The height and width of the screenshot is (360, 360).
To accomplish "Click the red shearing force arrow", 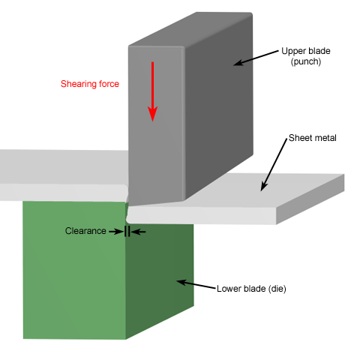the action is point(152,91).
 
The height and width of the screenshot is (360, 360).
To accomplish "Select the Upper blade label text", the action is point(306,51).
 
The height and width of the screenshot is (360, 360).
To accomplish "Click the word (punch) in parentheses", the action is point(306,61).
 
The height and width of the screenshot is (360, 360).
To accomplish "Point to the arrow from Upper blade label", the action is point(256,58).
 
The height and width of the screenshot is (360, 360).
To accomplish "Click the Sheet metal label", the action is point(313,138).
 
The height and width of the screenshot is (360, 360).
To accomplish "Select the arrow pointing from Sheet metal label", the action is point(274,165).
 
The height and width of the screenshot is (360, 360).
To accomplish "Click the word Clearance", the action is point(85,231).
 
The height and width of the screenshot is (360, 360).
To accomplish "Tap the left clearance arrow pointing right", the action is point(116,232).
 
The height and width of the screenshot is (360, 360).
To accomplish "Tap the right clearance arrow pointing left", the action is point(138,232).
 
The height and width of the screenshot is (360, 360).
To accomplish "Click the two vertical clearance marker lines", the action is point(127,231).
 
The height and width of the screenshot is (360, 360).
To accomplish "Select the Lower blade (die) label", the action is point(251,289).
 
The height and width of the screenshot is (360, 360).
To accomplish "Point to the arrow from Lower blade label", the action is point(196,285).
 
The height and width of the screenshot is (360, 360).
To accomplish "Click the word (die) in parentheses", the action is point(277,289).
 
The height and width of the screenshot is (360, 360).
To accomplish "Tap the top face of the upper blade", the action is point(190,29).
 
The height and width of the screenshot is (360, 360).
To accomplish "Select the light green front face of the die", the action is point(74,270).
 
